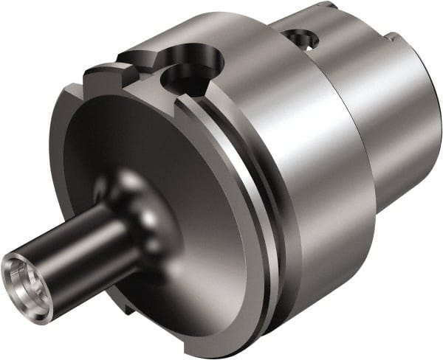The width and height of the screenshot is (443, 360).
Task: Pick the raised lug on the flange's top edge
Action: pyautogui.click(x=103, y=73)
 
